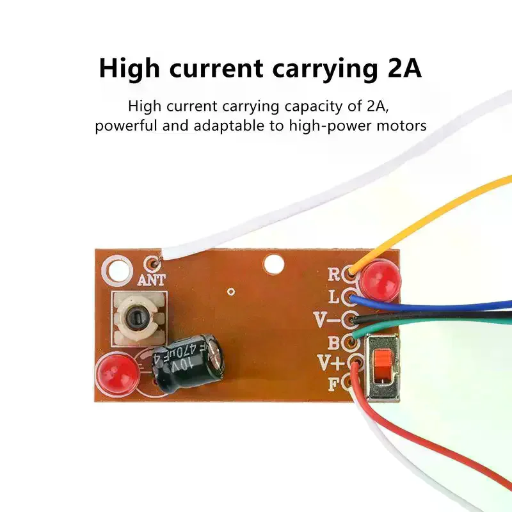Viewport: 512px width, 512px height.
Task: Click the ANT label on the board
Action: pyautogui.click(x=152, y=280)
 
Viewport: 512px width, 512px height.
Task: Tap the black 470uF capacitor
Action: pyautogui.click(x=188, y=362)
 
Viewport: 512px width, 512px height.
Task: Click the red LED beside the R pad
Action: pyautogui.click(x=381, y=278)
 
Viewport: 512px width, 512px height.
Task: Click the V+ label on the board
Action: pyautogui.click(x=331, y=362)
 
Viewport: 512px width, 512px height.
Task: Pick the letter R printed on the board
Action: pyautogui.click(x=333, y=275)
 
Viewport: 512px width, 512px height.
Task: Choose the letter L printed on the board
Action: pyautogui.click(x=333, y=297)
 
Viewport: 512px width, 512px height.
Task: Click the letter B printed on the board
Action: pyautogui.click(x=333, y=343)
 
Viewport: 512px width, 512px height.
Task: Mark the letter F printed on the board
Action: pyautogui.click(x=333, y=384)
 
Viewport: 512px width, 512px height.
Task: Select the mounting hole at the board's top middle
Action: pyautogui.click(x=274, y=264)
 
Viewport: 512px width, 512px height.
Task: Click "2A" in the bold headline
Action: pyautogui.click(x=405, y=68)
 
